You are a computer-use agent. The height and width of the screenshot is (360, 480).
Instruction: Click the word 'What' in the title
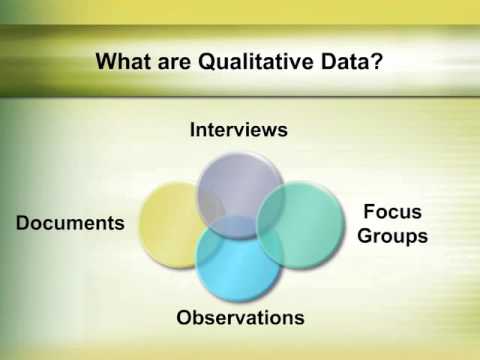[123, 62]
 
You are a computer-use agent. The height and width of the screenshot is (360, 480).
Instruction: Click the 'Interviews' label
[239, 130]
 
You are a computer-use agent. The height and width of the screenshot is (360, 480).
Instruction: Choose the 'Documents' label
[70, 222]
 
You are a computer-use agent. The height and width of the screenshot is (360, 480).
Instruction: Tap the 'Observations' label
[240, 318]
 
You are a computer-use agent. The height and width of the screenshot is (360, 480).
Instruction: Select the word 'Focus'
[392, 212]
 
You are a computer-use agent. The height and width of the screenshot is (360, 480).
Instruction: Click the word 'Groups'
[392, 236]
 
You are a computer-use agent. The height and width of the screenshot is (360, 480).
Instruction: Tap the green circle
[304, 222]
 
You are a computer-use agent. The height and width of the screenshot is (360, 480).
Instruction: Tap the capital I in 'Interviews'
[193, 130]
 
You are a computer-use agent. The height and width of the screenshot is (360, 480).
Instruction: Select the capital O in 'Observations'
[185, 318]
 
